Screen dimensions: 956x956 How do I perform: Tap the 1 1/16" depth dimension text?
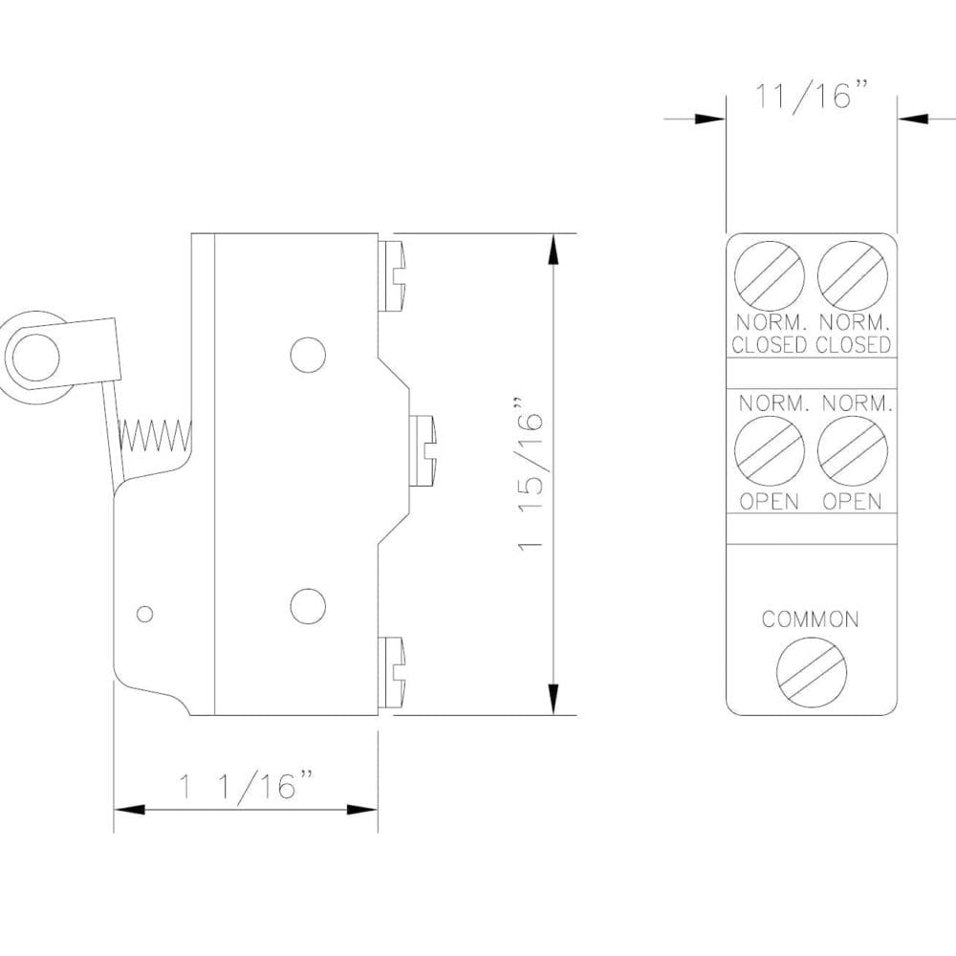[x=248, y=786]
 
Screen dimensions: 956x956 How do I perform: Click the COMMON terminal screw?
[x=812, y=672]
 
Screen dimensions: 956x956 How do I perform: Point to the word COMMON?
[x=811, y=619]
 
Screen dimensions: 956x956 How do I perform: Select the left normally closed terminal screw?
[x=770, y=276]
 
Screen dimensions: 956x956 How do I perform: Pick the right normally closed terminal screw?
[x=853, y=276]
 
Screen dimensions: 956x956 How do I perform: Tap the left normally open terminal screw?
[x=770, y=451]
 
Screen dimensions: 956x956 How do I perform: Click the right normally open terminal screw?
[x=853, y=451]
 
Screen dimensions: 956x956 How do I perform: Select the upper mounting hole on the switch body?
[x=308, y=354]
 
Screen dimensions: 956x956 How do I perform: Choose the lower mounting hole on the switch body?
[x=308, y=605]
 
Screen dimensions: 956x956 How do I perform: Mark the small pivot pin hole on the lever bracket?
[x=144, y=614]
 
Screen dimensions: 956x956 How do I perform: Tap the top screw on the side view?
[x=393, y=276]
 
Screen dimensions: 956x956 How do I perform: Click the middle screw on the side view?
[x=423, y=450]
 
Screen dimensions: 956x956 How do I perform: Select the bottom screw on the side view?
[x=393, y=671]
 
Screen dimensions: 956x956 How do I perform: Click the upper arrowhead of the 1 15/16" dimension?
[x=554, y=250]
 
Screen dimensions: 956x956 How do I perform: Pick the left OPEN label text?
[x=770, y=501]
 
